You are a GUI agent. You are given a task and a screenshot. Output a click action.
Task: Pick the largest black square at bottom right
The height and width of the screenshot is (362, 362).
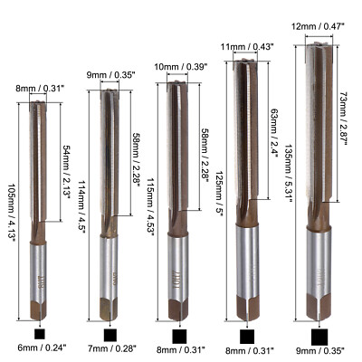click(320, 337)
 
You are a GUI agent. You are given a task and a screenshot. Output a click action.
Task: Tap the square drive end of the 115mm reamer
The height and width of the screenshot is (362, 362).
click(180, 310)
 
